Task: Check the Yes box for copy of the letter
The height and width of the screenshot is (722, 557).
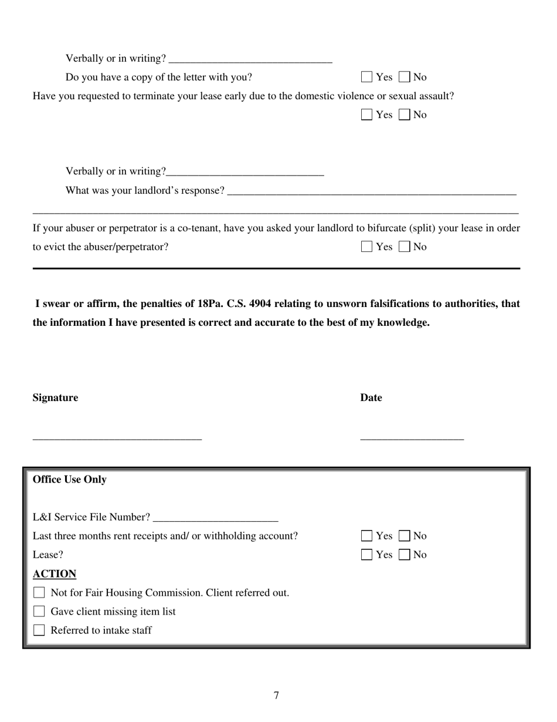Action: pyautogui.click(x=366, y=77)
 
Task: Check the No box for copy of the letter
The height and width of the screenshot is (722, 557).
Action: pyautogui.click(x=404, y=77)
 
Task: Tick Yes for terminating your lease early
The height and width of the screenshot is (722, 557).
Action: pyautogui.click(x=366, y=114)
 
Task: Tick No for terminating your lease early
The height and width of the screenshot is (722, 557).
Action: pyautogui.click(x=404, y=114)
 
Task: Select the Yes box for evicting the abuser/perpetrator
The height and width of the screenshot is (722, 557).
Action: pyautogui.click(x=366, y=247)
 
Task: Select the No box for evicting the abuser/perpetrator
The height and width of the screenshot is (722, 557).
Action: pyautogui.click(x=404, y=247)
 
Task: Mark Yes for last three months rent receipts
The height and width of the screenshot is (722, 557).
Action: pyautogui.click(x=366, y=536)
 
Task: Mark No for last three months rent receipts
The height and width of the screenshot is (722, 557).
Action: pyautogui.click(x=404, y=536)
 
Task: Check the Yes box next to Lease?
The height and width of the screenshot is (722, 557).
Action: pyautogui.click(x=366, y=555)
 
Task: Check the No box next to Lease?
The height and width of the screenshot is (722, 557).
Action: pyautogui.click(x=404, y=555)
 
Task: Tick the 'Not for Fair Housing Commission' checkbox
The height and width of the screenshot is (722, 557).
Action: pyautogui.click(x=39, y=593)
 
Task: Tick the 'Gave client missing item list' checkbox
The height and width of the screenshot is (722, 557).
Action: pyautogui.click(x=39, y=612)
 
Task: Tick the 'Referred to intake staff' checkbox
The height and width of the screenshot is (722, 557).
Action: pyautogui.click(x=39, y=630)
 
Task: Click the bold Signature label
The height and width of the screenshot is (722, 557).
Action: pyautogui.click(x=55, y=398)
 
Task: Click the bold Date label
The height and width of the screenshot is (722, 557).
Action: pyautogui.click(x=371, y=398)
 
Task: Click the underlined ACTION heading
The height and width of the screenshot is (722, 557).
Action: pyautogui.click(x=55, y=574)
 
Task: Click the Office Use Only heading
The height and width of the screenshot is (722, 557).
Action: pyautogui.click(x=70, y=480)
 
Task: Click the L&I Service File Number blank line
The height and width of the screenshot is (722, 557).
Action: pyautogui.click(x=215, y=518)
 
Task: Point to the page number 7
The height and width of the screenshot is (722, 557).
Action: pyautogui.click(x=276, y=696)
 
